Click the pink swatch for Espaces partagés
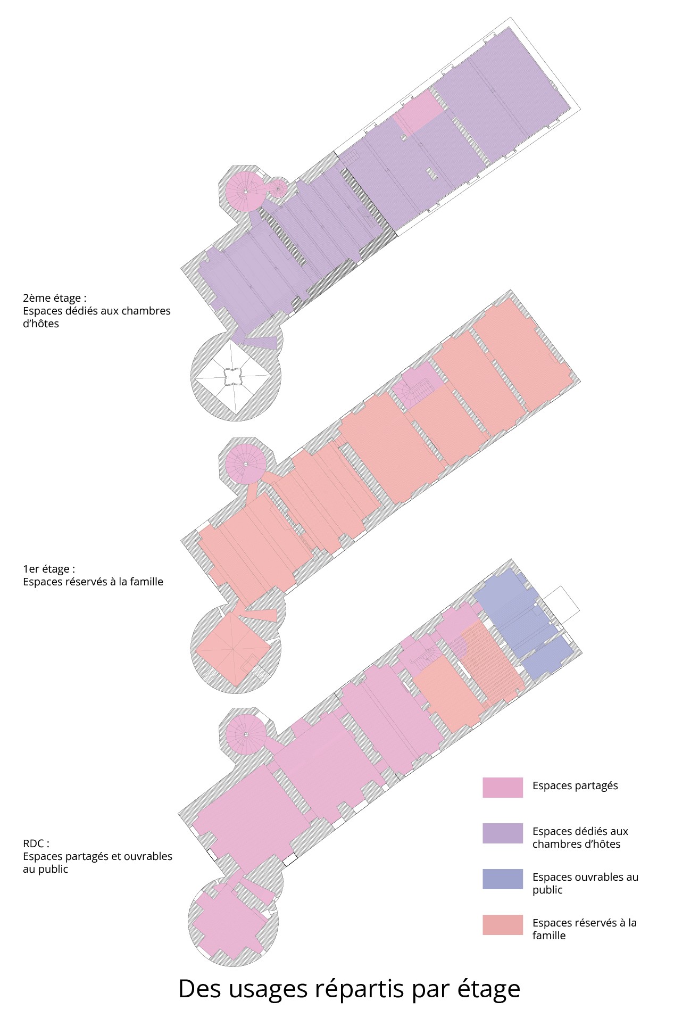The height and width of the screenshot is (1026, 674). click(x=502, y=788)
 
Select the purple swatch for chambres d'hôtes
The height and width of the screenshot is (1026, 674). click(x=502, y=833)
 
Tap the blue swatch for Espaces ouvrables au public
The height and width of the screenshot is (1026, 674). click(x=502, y=879)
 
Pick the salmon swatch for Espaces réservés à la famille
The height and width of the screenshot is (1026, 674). click(x=502, y=925)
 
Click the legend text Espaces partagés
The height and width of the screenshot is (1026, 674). click(x=575, y=786)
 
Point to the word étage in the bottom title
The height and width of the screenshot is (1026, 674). click(x=488, y=989)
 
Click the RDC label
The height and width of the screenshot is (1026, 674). click(x=36, y=843)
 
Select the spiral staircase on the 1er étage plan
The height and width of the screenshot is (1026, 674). click(x=245, y=464)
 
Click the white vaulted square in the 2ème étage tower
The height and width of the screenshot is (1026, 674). click(x=233, y=377)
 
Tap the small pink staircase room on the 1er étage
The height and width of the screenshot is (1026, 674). click(x=420, y=386)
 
